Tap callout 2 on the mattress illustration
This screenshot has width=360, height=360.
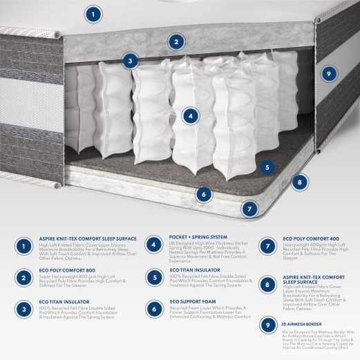click(x=176, y=41)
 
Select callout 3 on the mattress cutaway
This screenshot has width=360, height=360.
click(x=129, y=61)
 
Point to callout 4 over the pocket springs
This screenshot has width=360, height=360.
click(x=189, y=117)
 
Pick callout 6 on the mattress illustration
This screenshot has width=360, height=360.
click(x=203, y=194)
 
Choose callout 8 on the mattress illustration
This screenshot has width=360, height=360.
click(x=299, y=182)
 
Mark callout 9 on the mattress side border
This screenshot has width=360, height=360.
click(x=329, y=74)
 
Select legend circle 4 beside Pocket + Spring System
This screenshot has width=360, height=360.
click(x=153, y=245)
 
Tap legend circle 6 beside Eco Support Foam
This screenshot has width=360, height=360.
click(x=153, y=310)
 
